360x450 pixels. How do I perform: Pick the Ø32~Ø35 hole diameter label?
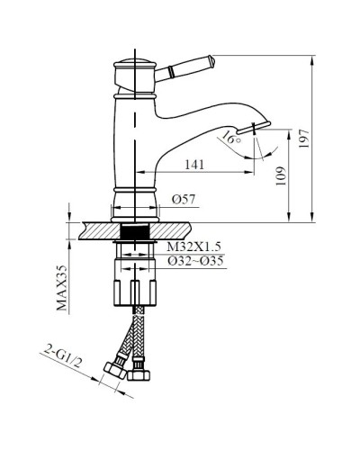[195, 261]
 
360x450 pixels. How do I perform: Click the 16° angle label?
[231, 139]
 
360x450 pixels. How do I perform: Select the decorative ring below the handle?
[135, 91]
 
